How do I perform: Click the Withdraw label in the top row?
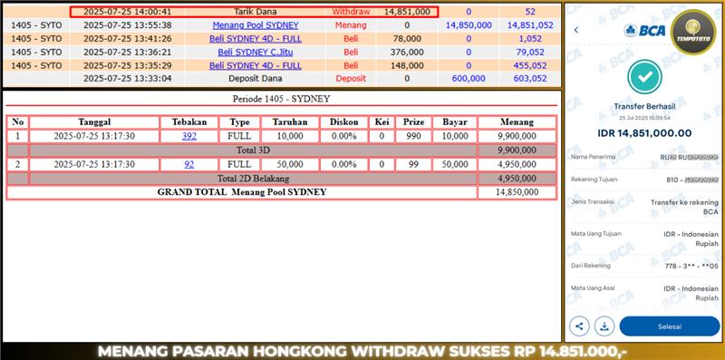pyautogui.click(x=351, y=12)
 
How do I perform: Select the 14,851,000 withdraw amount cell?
pyautogui.click(x=407, y=12)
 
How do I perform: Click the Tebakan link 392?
pyautogui.click(x=189, y=136)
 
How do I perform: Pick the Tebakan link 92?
pyautogui.click(x=189, y=164)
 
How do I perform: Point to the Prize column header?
pyautogui.click(x=413, y=122)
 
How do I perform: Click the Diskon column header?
pyautogui.click(x=344, y=122)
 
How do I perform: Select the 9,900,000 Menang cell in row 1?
pyautogui.click(x=517, y=136)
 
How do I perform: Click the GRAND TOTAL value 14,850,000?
pyautogui.click(x=517, y=192)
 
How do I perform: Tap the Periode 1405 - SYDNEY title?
pyautogui.click(x=280, y=98)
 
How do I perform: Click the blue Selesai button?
pyautogui.click(x=669, y=326)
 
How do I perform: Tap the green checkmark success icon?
pyautogui.click(x=644, y=78)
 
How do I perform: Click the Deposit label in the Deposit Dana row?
pyautogui.click(x=351, y=78)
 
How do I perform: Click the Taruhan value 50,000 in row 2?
pyautogui.click(x=290, y=164)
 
